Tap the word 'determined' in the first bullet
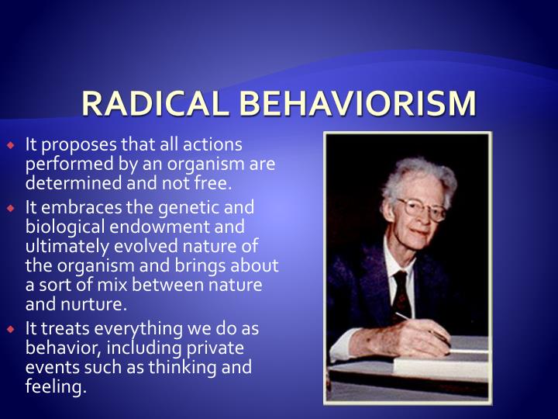tap(66, 183)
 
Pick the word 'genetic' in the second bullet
tap(190, 208)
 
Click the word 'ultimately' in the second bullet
tap(64, 247)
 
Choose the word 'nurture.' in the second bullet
tap(98, 304)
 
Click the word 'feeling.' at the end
tap(56, 386)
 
